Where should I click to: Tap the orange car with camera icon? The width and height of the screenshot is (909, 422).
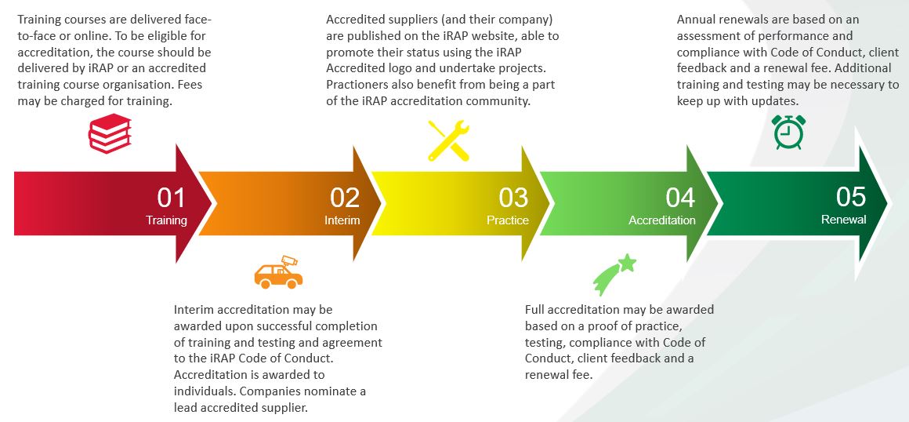coord(277,271)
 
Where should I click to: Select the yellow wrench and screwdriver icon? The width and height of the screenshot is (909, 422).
coord(448,140)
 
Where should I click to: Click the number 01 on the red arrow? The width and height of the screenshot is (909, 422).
coord(172,197)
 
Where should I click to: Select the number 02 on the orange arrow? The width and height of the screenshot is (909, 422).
coord(344,197)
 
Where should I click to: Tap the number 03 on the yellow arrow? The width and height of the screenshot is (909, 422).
coord(513,197)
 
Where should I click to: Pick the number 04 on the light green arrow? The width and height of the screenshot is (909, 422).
coord(679,197)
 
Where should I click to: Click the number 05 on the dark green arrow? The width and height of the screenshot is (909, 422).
coord(850,197)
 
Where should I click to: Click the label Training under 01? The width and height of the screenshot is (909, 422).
coord(166,220)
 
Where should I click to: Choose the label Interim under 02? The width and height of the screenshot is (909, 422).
coord(342,220)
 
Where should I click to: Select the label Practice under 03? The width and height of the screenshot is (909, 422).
coord(508,220)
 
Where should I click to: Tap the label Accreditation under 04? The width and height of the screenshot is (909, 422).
coord(661,220)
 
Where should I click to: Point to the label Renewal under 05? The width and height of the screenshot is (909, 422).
coord(843,220)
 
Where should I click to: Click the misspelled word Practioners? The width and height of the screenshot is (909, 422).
coord(363,84)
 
